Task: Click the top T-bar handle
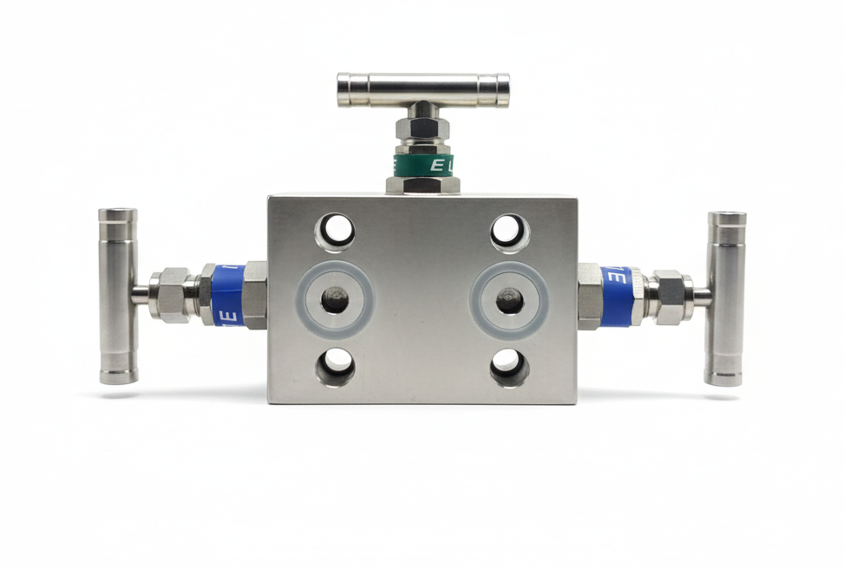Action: (x=422, y=89)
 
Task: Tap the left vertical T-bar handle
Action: (x=117, y=296)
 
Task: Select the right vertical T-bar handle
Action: (x=725, y=297)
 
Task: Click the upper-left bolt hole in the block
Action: (x=335, y=232)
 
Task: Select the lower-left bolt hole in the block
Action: (x=335, y=366)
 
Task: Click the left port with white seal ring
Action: (x=335, y=300)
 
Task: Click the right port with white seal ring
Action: (x=509, y=300)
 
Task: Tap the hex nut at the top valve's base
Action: (x=422, y=184)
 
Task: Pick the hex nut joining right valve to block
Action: (x=590, y=296)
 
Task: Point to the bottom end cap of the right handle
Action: (x=724, y=378)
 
